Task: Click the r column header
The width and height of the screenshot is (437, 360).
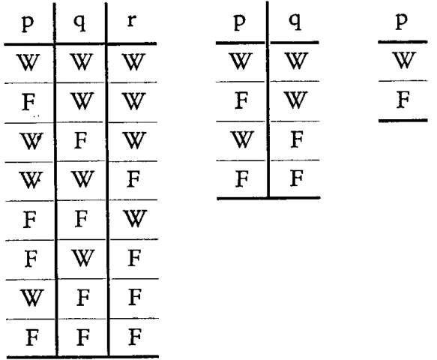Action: click(x=132, y=21)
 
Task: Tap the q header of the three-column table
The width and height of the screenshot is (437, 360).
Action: click(x=79, y=22)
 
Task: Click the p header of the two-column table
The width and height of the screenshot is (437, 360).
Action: click(x=240, y=22)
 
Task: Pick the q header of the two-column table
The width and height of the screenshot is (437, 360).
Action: click(x=295, y=22)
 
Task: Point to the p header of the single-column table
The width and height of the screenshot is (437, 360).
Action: click(x=402, y=21)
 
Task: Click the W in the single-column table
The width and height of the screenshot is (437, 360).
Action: click(x=403, y=60)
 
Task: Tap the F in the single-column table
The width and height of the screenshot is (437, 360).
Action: click(x=403, y=100)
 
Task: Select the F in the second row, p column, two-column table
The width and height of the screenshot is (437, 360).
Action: click(x=241, y=100)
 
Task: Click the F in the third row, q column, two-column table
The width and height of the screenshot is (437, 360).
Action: click(x=297, y=139)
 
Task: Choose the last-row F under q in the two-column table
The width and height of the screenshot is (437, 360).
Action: click(x=297, y=178)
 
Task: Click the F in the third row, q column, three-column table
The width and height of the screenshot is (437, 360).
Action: click(x=81, y=140)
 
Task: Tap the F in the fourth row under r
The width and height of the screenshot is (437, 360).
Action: click(x=133, y=179)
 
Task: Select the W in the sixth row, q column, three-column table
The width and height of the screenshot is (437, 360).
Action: click(x=82, y=258)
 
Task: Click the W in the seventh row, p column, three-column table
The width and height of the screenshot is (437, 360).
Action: click(x=31, y=298)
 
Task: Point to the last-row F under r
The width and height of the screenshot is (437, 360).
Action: click(x=135, y=337)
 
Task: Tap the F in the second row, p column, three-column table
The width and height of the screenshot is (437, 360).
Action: click(x=29, y=102)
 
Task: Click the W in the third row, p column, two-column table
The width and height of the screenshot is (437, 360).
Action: click(x=241, y=139)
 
